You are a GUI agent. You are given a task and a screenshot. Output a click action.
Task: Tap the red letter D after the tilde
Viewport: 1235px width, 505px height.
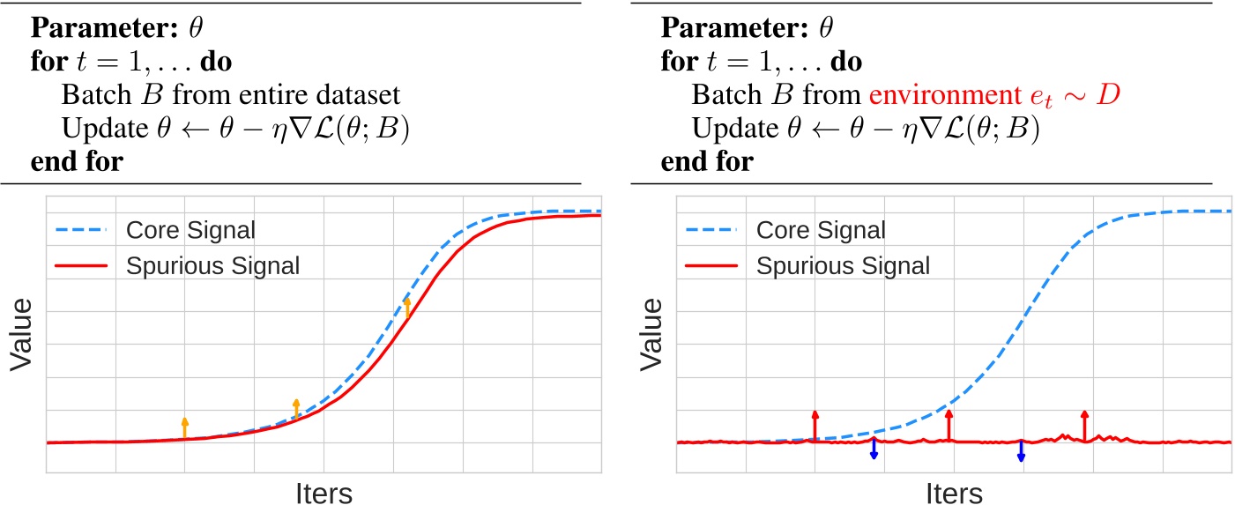point(1109,93)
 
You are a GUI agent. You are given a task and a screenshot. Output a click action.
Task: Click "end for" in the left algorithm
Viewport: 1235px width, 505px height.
point(77,161)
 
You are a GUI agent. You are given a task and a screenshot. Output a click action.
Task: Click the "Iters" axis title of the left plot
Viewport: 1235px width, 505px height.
point(323,492)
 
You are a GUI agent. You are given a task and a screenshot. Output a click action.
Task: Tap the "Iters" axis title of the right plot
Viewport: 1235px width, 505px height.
point(954,492)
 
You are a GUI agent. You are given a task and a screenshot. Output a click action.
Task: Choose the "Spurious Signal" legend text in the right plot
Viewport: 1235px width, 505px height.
point(844,264)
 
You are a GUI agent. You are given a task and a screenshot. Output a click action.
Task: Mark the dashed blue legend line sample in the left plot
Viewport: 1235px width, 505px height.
point(81,231)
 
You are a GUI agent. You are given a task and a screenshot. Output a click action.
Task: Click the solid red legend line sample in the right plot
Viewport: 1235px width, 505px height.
point(712,264)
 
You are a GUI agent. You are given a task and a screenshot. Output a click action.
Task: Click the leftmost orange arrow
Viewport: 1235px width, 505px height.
point(184,427)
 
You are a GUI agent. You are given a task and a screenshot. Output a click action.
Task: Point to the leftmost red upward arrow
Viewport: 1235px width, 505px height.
point(815,425)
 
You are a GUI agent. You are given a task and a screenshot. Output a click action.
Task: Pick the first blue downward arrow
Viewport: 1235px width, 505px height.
point(874,449)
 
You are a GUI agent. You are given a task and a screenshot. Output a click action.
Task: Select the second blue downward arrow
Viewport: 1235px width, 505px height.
point(1021,450)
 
